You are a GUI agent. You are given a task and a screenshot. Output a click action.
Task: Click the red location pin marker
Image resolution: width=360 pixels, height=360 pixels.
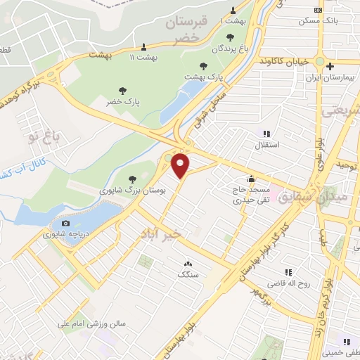point(181,165)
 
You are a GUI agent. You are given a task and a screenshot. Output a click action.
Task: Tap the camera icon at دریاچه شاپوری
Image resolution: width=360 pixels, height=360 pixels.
point(66,223)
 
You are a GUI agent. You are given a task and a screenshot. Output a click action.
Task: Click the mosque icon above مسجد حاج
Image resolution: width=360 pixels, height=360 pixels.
point(251,179)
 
